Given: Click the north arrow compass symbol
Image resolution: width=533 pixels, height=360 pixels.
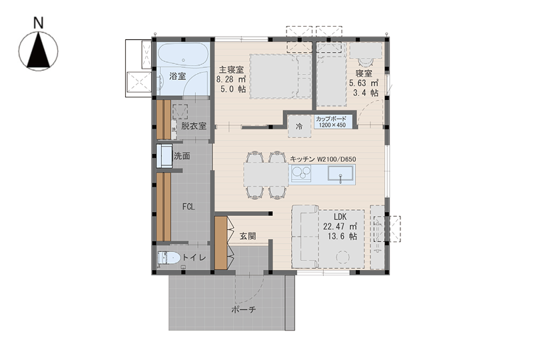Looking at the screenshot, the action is (39, 51).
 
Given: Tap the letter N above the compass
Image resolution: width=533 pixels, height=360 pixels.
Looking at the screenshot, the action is (39, 23).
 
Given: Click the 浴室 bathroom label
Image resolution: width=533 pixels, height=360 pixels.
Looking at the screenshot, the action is (177, 76).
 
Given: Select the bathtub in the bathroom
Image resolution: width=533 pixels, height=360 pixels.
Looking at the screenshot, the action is (183, 55).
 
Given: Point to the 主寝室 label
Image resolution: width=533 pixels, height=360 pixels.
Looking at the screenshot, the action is (231, 70).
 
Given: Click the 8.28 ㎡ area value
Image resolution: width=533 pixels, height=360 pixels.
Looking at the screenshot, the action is (231, 79).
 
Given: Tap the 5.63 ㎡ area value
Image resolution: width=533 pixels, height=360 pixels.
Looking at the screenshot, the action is (364, 83).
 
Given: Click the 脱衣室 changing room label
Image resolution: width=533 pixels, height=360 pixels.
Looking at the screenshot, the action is (193, 126).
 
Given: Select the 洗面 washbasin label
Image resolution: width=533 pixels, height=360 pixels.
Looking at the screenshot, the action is (182, 156).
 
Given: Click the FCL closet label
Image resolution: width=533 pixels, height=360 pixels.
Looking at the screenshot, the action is (189, 207).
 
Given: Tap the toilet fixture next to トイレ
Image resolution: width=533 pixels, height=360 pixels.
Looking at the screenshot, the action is (169, 258).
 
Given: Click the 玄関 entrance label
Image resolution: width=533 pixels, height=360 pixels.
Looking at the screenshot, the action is (247, 236).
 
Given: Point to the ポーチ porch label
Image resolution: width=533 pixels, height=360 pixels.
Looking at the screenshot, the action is (243, 309).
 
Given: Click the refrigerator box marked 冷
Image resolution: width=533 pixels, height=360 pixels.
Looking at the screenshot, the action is (299, 126).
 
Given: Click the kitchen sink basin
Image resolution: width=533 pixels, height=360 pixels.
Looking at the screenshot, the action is (340, 173).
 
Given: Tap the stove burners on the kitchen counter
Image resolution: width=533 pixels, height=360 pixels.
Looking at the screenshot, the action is (301, 173).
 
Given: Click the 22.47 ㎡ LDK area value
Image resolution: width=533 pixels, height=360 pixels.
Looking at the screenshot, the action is (340, 226).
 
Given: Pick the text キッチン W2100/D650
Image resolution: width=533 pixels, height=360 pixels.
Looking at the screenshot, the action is (323, 159).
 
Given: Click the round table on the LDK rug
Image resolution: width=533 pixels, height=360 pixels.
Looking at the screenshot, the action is (342, 257).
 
